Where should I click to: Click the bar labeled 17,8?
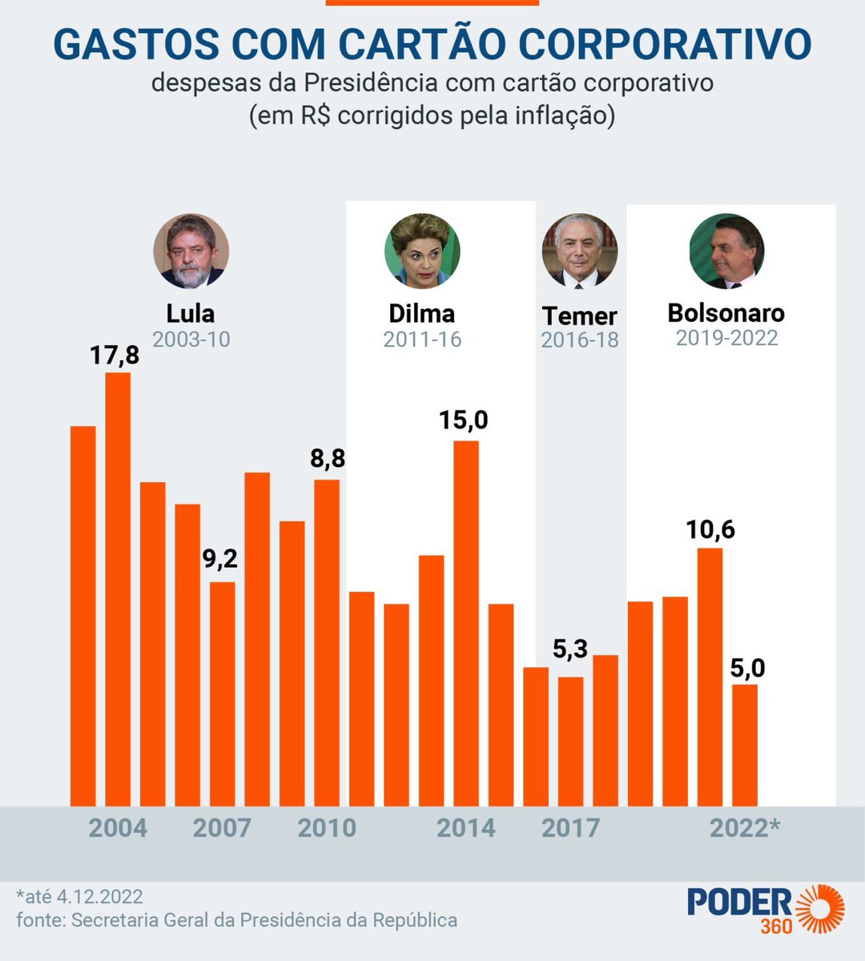(x=118, y=589)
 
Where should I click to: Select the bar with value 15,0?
(x=466, y=623)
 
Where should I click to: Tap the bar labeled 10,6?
(x=710, y=677)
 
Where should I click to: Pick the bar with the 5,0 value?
(x=745, y=745)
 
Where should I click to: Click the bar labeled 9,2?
(x=223, y=694)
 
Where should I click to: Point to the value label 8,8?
(x=327, y=459)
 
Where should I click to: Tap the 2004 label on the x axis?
(x=118, y=828)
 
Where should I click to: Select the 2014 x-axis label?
(x=465, y=828)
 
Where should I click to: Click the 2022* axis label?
(x=745, y=828)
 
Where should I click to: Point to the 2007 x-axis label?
(x=222, y=828)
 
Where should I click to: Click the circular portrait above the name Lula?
(x=191, y=251)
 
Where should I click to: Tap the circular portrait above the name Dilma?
(x=421, y=251)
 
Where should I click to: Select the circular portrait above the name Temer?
(x=580, y=251)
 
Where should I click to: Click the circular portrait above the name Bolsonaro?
(x=726, y=251)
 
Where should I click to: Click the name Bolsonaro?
(x=726, y=312)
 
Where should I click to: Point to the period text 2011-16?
(x=422, y=340)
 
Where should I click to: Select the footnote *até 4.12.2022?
(x=79, y=895)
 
